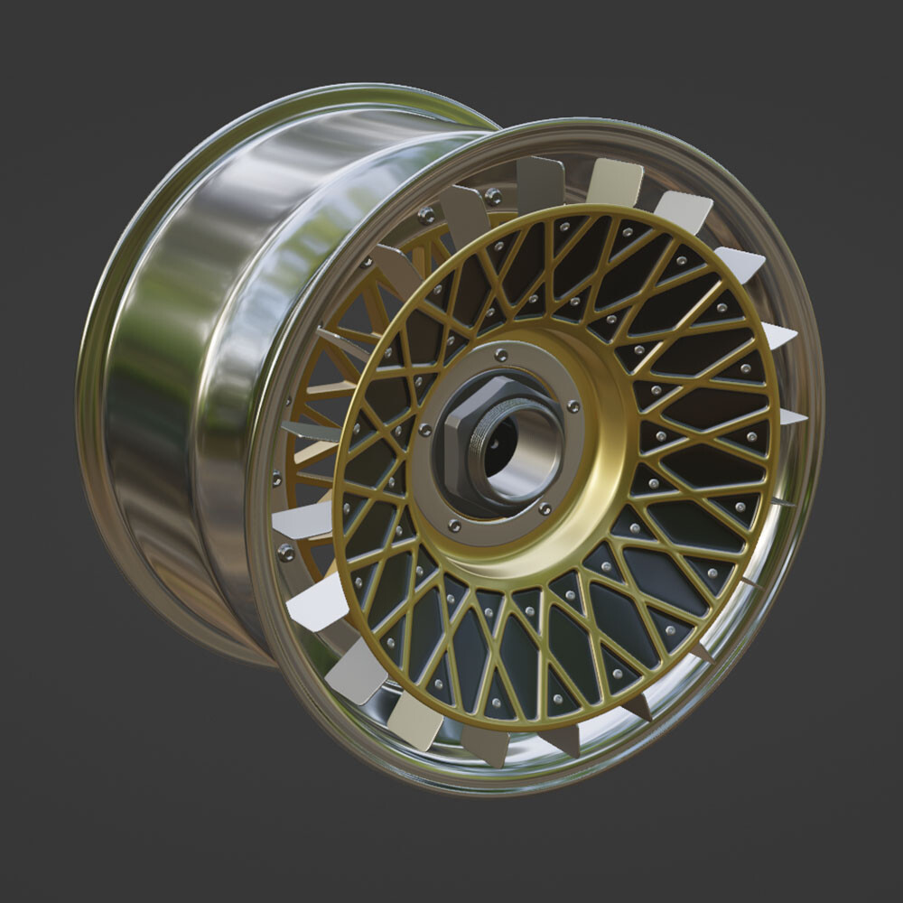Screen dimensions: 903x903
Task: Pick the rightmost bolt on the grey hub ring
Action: (573, 407)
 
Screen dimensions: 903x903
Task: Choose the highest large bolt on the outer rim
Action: (493, 195)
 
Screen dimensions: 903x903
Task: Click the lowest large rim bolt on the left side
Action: (286, 552)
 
